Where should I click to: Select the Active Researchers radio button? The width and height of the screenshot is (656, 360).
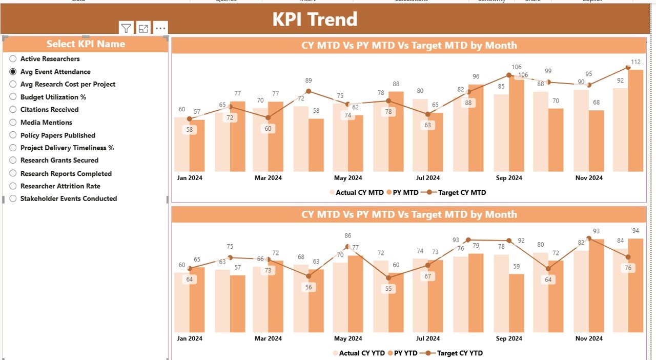(x=13, y=59)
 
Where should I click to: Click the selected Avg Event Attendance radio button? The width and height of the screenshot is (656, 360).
(x=13, y=72)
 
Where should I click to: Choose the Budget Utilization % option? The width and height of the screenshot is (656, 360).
(x=13, y=97)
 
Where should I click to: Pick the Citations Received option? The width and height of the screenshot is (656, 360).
(x=13, y=109)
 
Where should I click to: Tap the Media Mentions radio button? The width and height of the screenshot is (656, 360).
(x=13, y=123)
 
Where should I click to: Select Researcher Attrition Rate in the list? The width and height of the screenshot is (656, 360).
(x=13, y=186)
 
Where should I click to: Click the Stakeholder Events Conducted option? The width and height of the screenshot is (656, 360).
(x=13, y=198)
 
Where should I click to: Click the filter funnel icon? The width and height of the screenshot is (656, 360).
(x=126, y=29)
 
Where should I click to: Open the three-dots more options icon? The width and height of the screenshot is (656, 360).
(x=160, y=29)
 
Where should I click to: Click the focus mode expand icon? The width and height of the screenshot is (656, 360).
(x=143, y=29)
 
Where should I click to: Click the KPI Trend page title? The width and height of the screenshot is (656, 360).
(x=314, y=19)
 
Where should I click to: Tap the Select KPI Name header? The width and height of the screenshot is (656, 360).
(x=86, y=44)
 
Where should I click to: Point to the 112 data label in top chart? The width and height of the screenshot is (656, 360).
(x=635, y=62)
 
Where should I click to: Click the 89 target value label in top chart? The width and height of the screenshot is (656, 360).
(x=308, y=81)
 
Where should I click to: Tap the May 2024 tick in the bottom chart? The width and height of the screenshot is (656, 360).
(x=348, y=338)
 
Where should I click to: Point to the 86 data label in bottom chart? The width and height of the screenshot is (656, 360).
(x=348, y=236)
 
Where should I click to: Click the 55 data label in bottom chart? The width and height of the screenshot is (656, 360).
(x=388, y=289)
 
